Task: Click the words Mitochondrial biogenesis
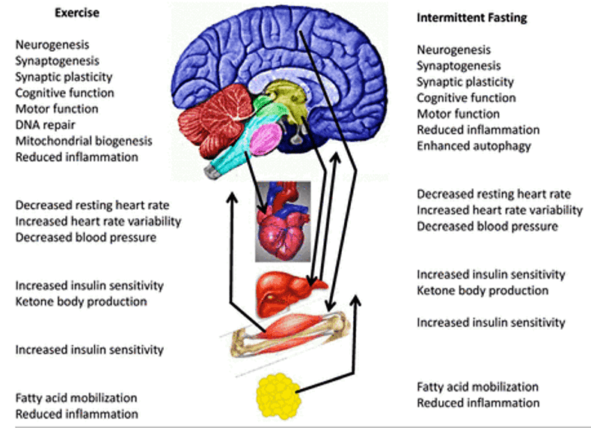tap(84, 140)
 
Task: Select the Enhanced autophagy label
tap(474, 145)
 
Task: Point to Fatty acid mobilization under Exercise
tap(76, 398)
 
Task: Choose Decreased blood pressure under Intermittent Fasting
tap(487, 226)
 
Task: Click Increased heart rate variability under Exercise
tap(98, 221)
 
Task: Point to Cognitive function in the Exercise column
tap(64, 93)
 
